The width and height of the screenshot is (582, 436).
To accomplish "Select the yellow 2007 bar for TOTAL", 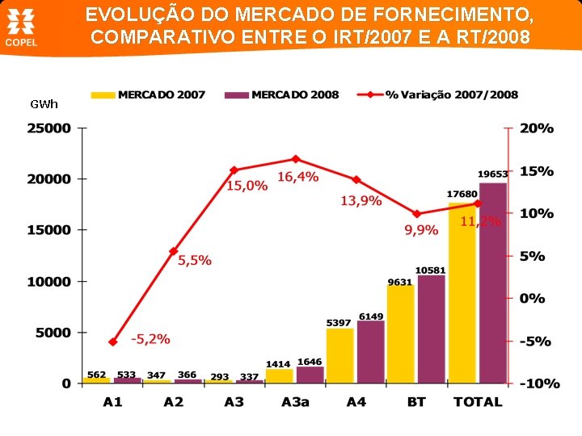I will tap(463, 291).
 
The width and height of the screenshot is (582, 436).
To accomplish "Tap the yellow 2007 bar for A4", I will tap(340, 355).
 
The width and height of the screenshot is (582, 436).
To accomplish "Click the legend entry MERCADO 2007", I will tap(151, 94).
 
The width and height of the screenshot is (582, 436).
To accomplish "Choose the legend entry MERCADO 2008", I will tap(284, 94).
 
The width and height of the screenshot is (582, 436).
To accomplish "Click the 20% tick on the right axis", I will tap(537, 128).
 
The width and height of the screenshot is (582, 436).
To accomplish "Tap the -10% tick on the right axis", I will tap(538, 384).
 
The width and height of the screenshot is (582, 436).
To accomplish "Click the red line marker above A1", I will tap(113, 342).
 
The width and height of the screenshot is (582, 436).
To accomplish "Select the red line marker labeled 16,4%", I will tap(295, 159).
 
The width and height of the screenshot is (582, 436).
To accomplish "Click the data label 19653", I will tap(492, 174).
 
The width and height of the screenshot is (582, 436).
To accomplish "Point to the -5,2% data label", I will tap(150, 339).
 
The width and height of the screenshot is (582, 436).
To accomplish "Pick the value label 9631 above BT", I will tap(400, 282).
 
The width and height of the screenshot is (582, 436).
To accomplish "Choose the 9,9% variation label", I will tap(421, 230).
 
